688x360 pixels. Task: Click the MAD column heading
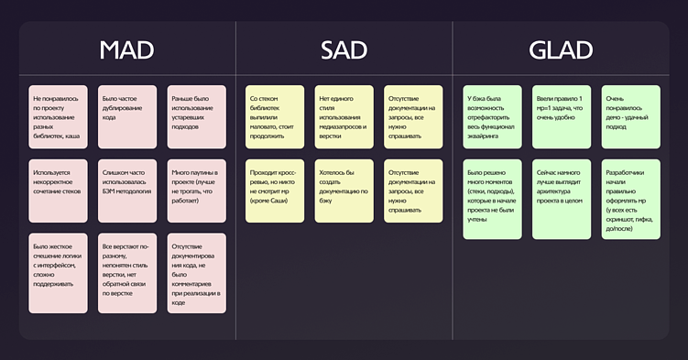[x=126, y=50]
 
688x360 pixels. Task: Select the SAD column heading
[x=344, y=50]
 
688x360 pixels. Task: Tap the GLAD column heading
[x=562, y=50]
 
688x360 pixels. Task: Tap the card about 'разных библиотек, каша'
[x=59, y=116]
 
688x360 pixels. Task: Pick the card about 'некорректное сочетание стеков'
[x=59, y=191]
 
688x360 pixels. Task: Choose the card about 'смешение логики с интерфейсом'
[x=59, y=273]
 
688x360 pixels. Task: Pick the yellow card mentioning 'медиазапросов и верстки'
[x=344, y=116]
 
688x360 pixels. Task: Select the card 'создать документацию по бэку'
[x=344, y=191]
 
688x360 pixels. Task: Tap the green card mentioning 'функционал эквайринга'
[x=493, y=116]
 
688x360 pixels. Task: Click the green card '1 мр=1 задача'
[x=562, y=116]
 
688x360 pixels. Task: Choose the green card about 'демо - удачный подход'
[x=630, y=116]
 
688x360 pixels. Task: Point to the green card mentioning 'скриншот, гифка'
[x=630, y=199]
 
